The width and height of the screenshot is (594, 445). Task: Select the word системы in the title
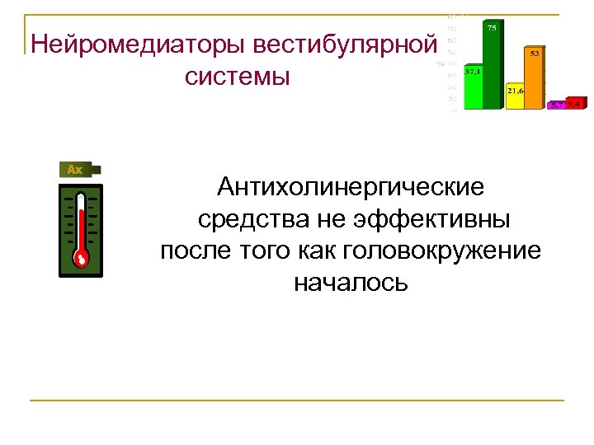pos(238,77)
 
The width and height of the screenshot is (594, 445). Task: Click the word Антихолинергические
pos(351,188)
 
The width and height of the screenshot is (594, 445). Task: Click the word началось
pos(351,283)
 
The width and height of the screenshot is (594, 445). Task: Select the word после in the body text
pos(195,251)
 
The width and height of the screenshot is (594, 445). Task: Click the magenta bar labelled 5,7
pos(558,105)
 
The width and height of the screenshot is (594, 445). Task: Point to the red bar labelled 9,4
pos(575,104)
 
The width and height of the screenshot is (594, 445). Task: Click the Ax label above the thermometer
pos(75,170)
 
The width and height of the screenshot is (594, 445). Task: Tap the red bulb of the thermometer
pos(80,259)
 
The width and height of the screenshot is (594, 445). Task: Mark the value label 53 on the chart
pos(535,54)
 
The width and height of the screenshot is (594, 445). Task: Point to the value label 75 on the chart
pos(492,29)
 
